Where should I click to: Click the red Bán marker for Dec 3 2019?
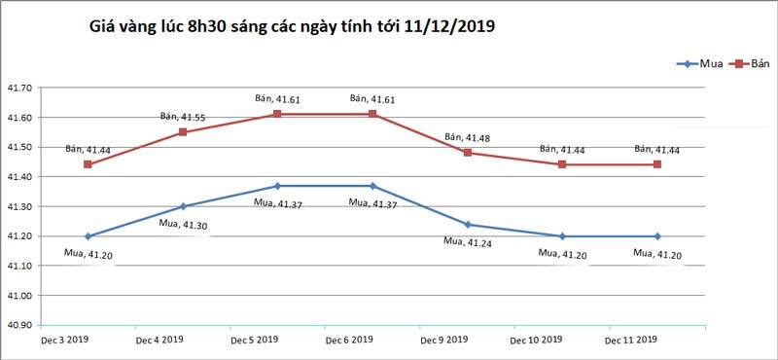88,164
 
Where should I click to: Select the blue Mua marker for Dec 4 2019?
183,206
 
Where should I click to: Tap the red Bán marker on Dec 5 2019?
277,114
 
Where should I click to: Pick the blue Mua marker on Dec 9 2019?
468,224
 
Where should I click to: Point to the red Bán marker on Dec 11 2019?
657,164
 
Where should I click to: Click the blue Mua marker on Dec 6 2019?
372,186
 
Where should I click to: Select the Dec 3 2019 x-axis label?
64,340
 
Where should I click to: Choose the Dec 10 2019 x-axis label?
538,340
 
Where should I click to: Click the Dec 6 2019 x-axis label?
349,340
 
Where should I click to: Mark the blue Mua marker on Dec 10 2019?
563,236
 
